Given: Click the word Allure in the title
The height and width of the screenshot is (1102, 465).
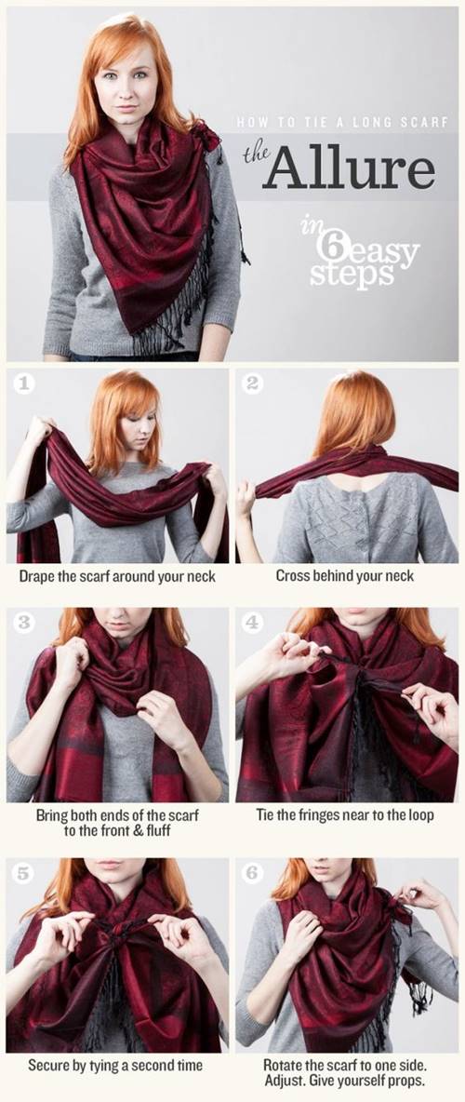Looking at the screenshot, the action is pyautogui.click(x=348, y=168).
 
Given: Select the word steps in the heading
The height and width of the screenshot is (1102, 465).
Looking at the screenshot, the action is pyautogui.click(x=351, y=275).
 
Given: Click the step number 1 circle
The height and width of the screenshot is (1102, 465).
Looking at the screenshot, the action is pyautogui.click(x=23, y=383).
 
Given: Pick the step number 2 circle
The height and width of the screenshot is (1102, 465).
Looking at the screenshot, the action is pyautogui.click(x=251, y=383).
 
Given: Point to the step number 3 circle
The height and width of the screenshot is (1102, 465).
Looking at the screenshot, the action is pyautogui.click(x=23, y=622).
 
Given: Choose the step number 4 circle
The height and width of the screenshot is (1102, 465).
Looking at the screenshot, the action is pyautogui.click(x=251, y=622).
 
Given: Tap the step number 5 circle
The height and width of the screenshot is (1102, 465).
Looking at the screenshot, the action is pyautogui.click(x=23, y=873).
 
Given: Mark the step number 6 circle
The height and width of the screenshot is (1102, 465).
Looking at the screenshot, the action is pyautogui.click(x=251, y=873).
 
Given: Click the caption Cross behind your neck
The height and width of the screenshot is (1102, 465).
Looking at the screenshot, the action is pyautogui.click(x=345, y=576).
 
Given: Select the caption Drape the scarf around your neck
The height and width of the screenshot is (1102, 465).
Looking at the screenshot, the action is pyautogui.click(x=117, y=576).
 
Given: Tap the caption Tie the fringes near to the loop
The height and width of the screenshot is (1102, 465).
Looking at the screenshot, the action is pyautogui.click(x=345, y=816).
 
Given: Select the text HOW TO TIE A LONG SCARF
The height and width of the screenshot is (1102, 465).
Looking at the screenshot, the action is pyautogui.click(x=342, y=122).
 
